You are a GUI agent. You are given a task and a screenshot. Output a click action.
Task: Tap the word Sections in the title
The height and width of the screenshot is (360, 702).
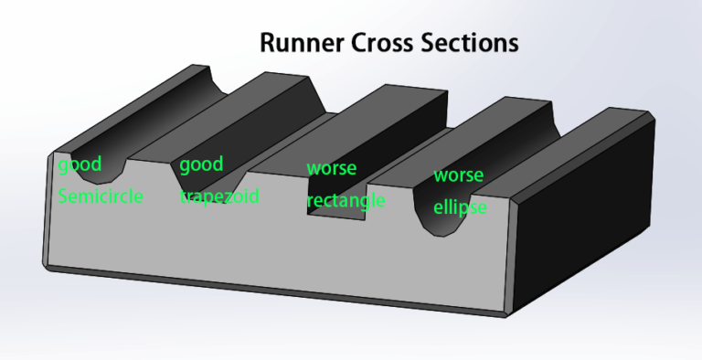477,43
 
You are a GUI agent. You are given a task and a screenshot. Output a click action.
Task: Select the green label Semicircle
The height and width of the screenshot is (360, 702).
101,196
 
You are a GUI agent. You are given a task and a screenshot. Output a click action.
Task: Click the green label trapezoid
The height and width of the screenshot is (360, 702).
219,196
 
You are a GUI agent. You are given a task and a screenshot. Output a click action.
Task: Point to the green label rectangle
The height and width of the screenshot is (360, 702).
346,200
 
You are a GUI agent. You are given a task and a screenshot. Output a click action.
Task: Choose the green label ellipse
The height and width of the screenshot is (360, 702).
460,207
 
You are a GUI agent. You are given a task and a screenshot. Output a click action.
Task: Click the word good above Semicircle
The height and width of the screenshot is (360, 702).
80,166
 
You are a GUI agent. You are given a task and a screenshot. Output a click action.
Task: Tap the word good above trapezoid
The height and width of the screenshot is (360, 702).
201,165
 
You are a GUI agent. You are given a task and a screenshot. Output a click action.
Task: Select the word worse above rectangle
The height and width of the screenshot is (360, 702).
331,169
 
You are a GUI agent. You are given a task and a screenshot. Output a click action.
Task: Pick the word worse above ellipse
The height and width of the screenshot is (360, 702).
459,175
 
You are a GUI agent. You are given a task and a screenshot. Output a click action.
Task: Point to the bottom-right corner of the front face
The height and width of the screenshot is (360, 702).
505,314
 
